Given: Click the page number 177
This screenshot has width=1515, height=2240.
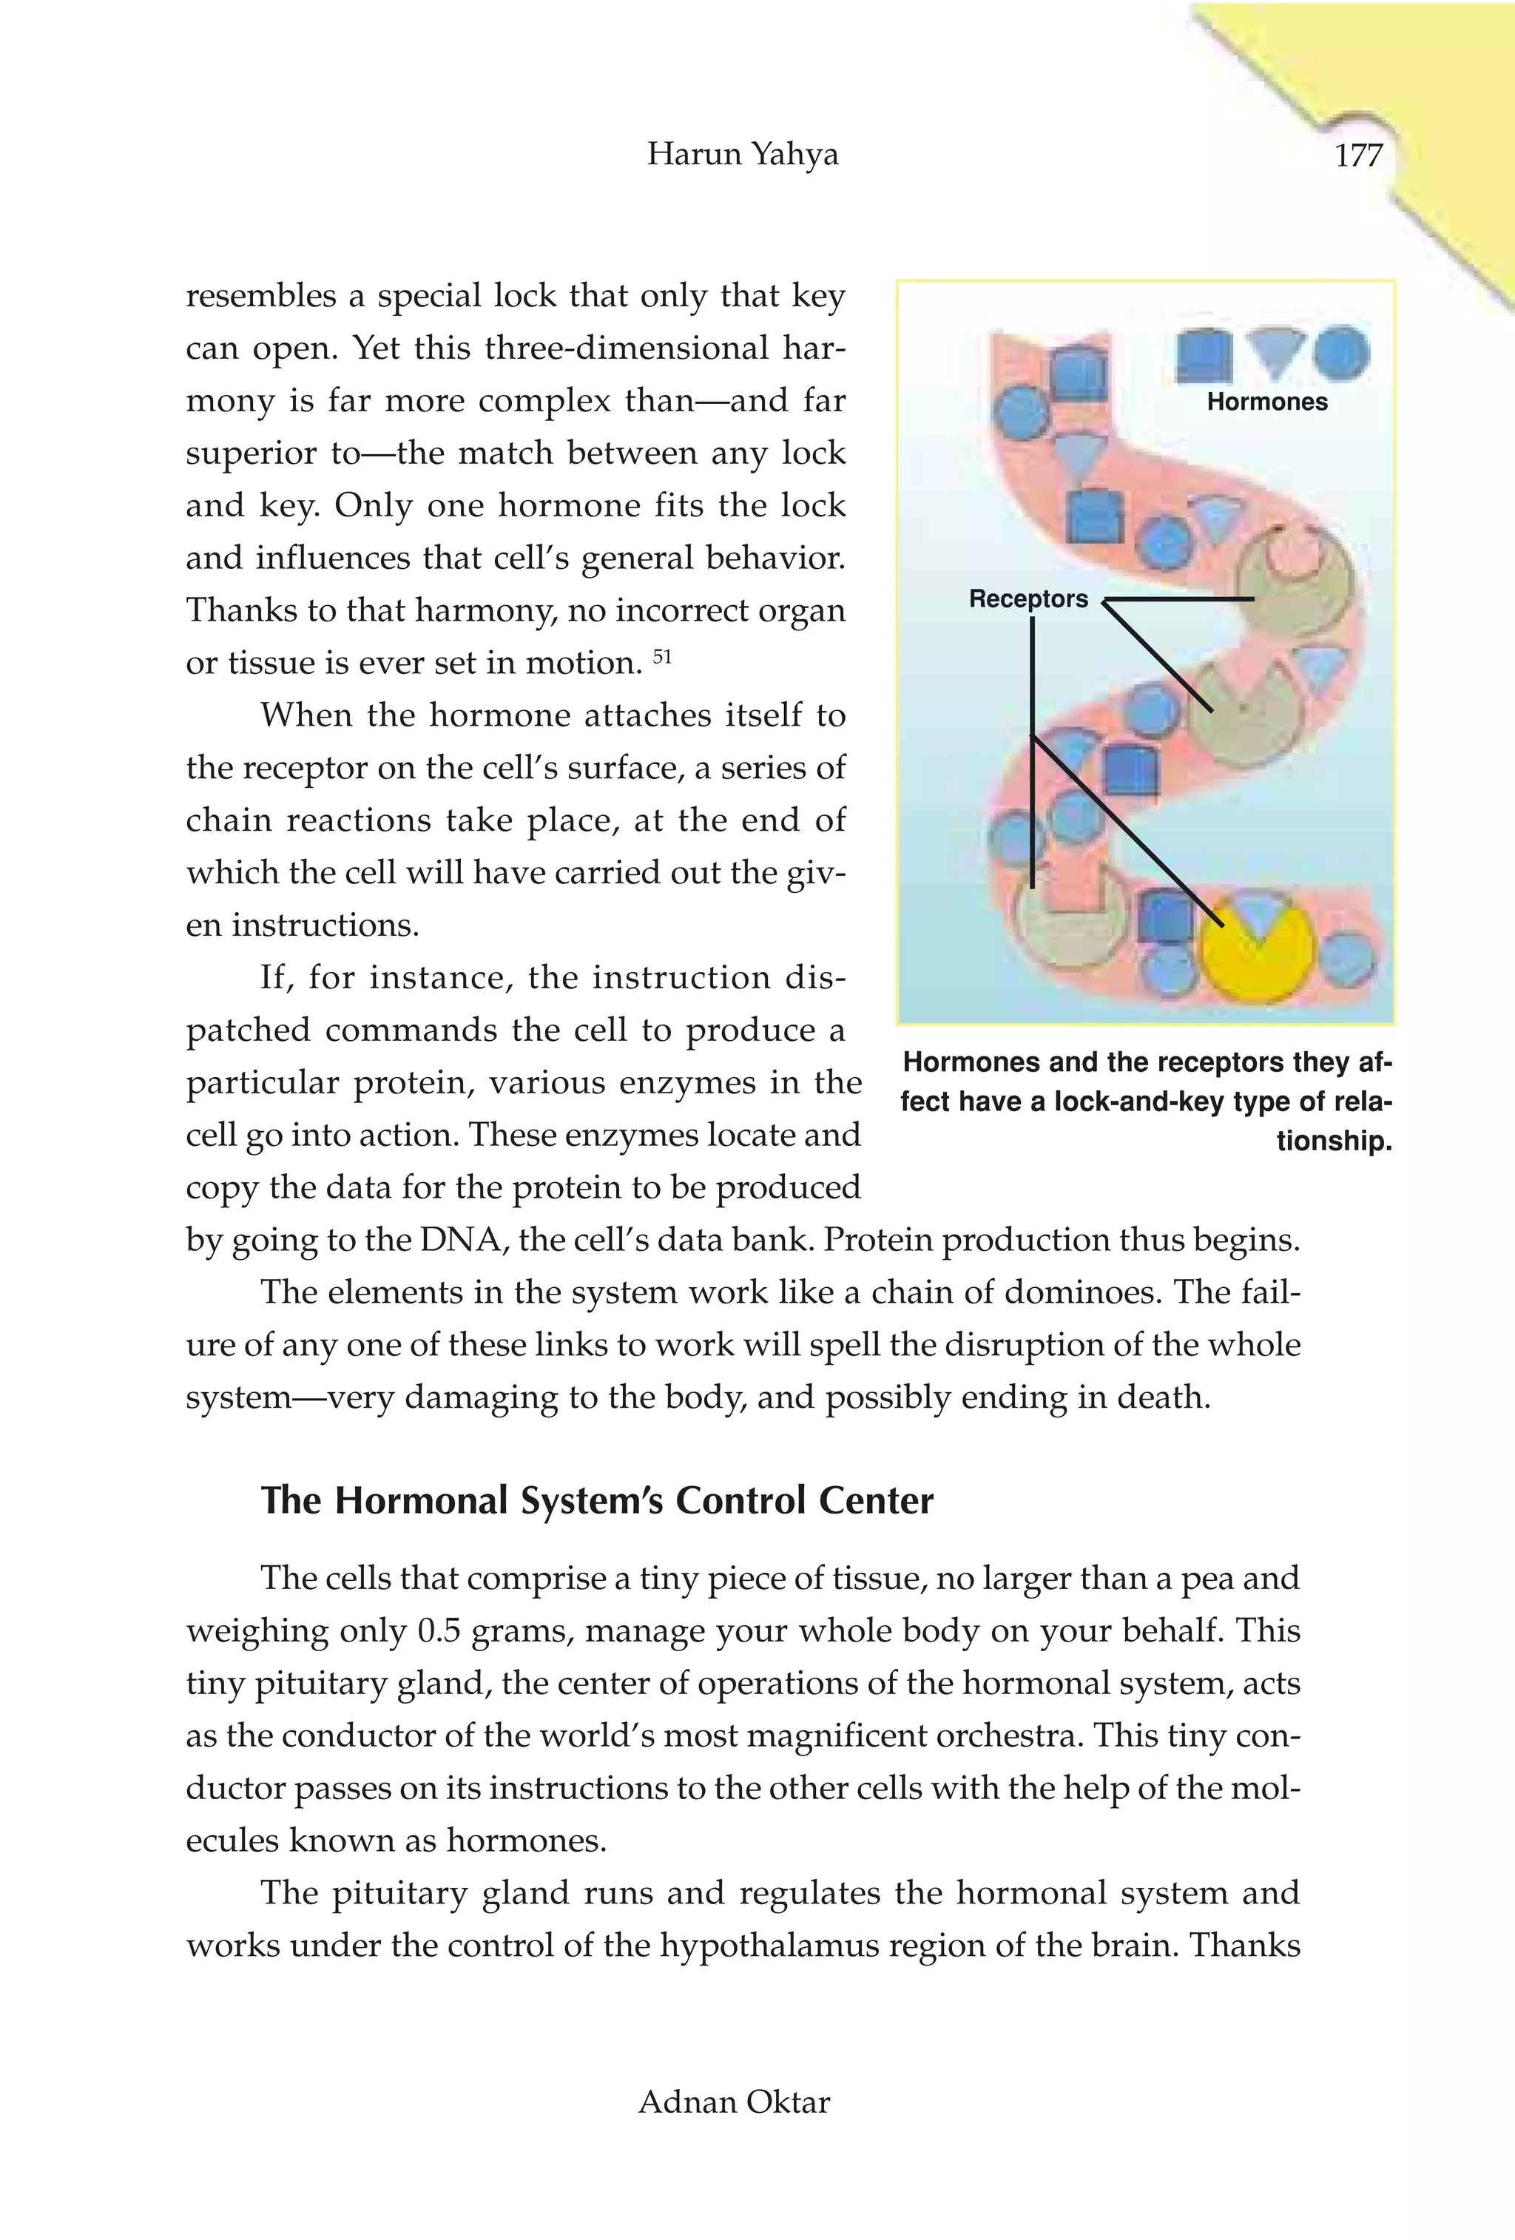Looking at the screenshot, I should coord(1358,155).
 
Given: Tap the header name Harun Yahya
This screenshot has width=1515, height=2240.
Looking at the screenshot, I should coord(742,154).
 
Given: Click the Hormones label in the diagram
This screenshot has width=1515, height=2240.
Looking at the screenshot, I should coord(1266,402).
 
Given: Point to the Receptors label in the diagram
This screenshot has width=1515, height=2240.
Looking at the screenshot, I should coord(1028,598).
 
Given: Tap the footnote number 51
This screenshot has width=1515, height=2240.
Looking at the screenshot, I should coord(662,656).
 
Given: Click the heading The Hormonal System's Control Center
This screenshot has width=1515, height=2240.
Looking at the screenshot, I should coord(596,1501).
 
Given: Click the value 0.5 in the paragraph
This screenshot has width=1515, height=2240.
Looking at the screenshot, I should coord(439,1631).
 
